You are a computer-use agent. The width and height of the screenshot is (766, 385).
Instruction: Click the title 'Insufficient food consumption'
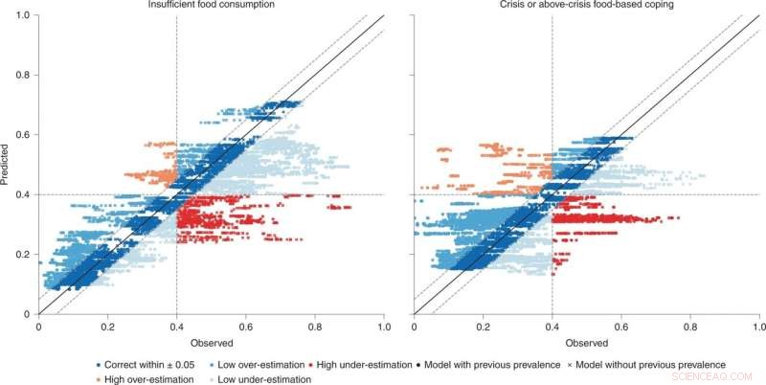pyautogui.click(x=211, y=5)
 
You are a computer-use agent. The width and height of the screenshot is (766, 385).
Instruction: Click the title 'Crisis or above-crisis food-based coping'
pyautogui.click(x=587, y=5)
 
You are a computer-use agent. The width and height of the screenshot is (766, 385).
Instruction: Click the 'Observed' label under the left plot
pyautogui.click(x=211, y=342)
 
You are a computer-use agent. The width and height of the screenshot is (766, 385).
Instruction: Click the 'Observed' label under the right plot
pyautogui.click(x=587, y=342)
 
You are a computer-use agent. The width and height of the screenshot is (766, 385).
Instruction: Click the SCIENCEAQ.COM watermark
pyautogui.click(x=728, y=378)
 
